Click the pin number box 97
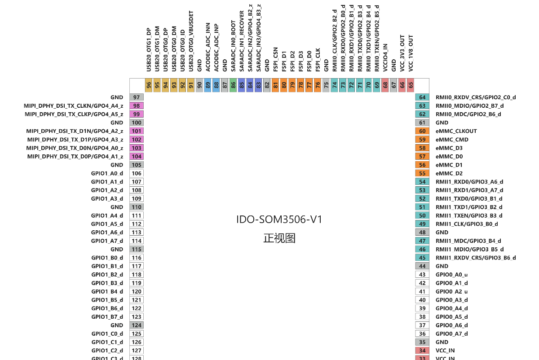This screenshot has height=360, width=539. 137,97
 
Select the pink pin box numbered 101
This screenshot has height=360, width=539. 137,131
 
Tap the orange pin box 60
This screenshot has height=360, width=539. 422,131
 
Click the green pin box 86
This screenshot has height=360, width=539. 233,85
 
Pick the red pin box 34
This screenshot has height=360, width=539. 422,351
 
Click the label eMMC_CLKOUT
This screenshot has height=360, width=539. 456,131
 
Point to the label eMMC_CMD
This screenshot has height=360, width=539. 452,140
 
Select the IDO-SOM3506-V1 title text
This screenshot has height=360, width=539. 279,220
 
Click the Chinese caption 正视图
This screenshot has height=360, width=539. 279,238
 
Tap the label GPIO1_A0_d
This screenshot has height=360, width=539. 107,173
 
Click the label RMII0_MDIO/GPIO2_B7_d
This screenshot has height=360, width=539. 470,106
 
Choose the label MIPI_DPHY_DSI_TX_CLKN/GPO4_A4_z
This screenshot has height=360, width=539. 73,106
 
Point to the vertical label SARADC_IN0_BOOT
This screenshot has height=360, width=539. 233,46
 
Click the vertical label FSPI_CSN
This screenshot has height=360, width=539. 275,59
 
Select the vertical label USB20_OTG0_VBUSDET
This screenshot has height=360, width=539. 191,41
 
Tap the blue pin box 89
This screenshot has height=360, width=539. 208,85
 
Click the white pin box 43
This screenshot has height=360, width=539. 422,274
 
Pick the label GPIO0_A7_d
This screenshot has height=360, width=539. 452,334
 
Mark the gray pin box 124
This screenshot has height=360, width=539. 137,325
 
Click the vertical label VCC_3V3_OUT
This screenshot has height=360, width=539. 402,53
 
